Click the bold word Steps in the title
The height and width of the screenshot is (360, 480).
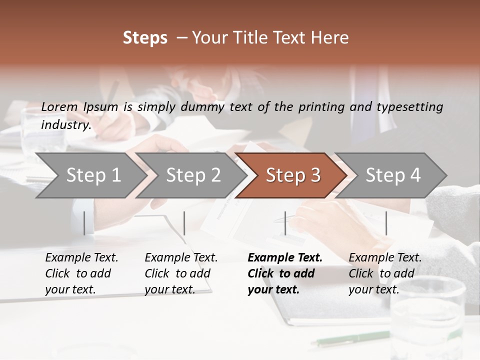[145, 38]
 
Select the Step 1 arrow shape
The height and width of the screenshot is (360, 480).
[93, 175]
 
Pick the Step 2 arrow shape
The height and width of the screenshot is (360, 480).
[193, 175]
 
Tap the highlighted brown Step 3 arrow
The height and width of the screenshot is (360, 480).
[293, 175]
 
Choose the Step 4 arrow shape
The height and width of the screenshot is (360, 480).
[393, 175]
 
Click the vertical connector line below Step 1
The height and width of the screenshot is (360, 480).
[84, 223]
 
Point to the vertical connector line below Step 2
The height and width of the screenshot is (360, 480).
[184, 223]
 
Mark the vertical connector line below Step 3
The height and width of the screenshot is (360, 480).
[285, 223]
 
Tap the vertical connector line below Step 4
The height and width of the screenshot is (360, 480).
[386, 223]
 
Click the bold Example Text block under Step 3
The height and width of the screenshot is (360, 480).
[285, 273]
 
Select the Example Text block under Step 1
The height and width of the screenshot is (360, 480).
[81, 273]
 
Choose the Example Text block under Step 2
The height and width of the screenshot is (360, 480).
[181, 273]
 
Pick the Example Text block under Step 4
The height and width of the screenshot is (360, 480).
[385, 273]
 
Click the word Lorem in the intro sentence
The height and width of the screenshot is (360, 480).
[59, 107]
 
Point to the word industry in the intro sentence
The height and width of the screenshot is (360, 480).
[65, 125]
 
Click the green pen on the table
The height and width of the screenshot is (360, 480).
[344, 339]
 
